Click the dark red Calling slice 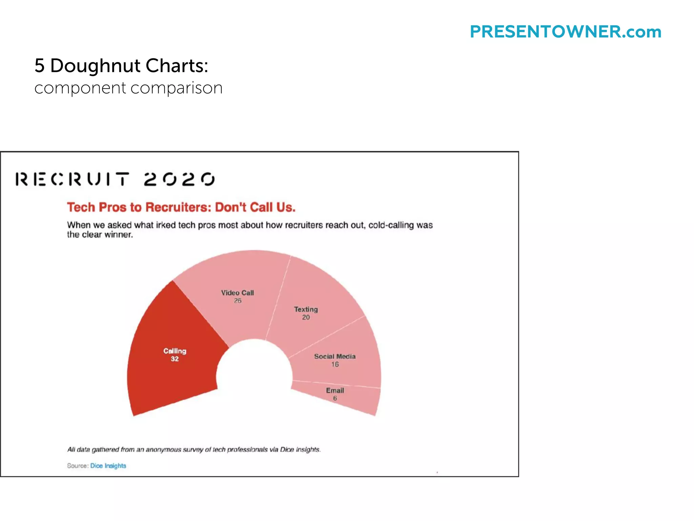click(169, 373)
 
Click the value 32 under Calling click(175, 359)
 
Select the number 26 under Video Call click(238, 301)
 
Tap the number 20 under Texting click(306, 317)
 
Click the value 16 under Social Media click(335, 365)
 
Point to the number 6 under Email click(335, 398)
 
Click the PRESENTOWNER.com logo click(565, 32)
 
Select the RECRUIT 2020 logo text click(115, 179)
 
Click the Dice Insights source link click(108, 466)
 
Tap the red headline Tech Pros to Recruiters click(181, 207)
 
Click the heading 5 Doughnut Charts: click(121, 65)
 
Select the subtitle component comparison click(128, 88)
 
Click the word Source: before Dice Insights click(78, 466)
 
